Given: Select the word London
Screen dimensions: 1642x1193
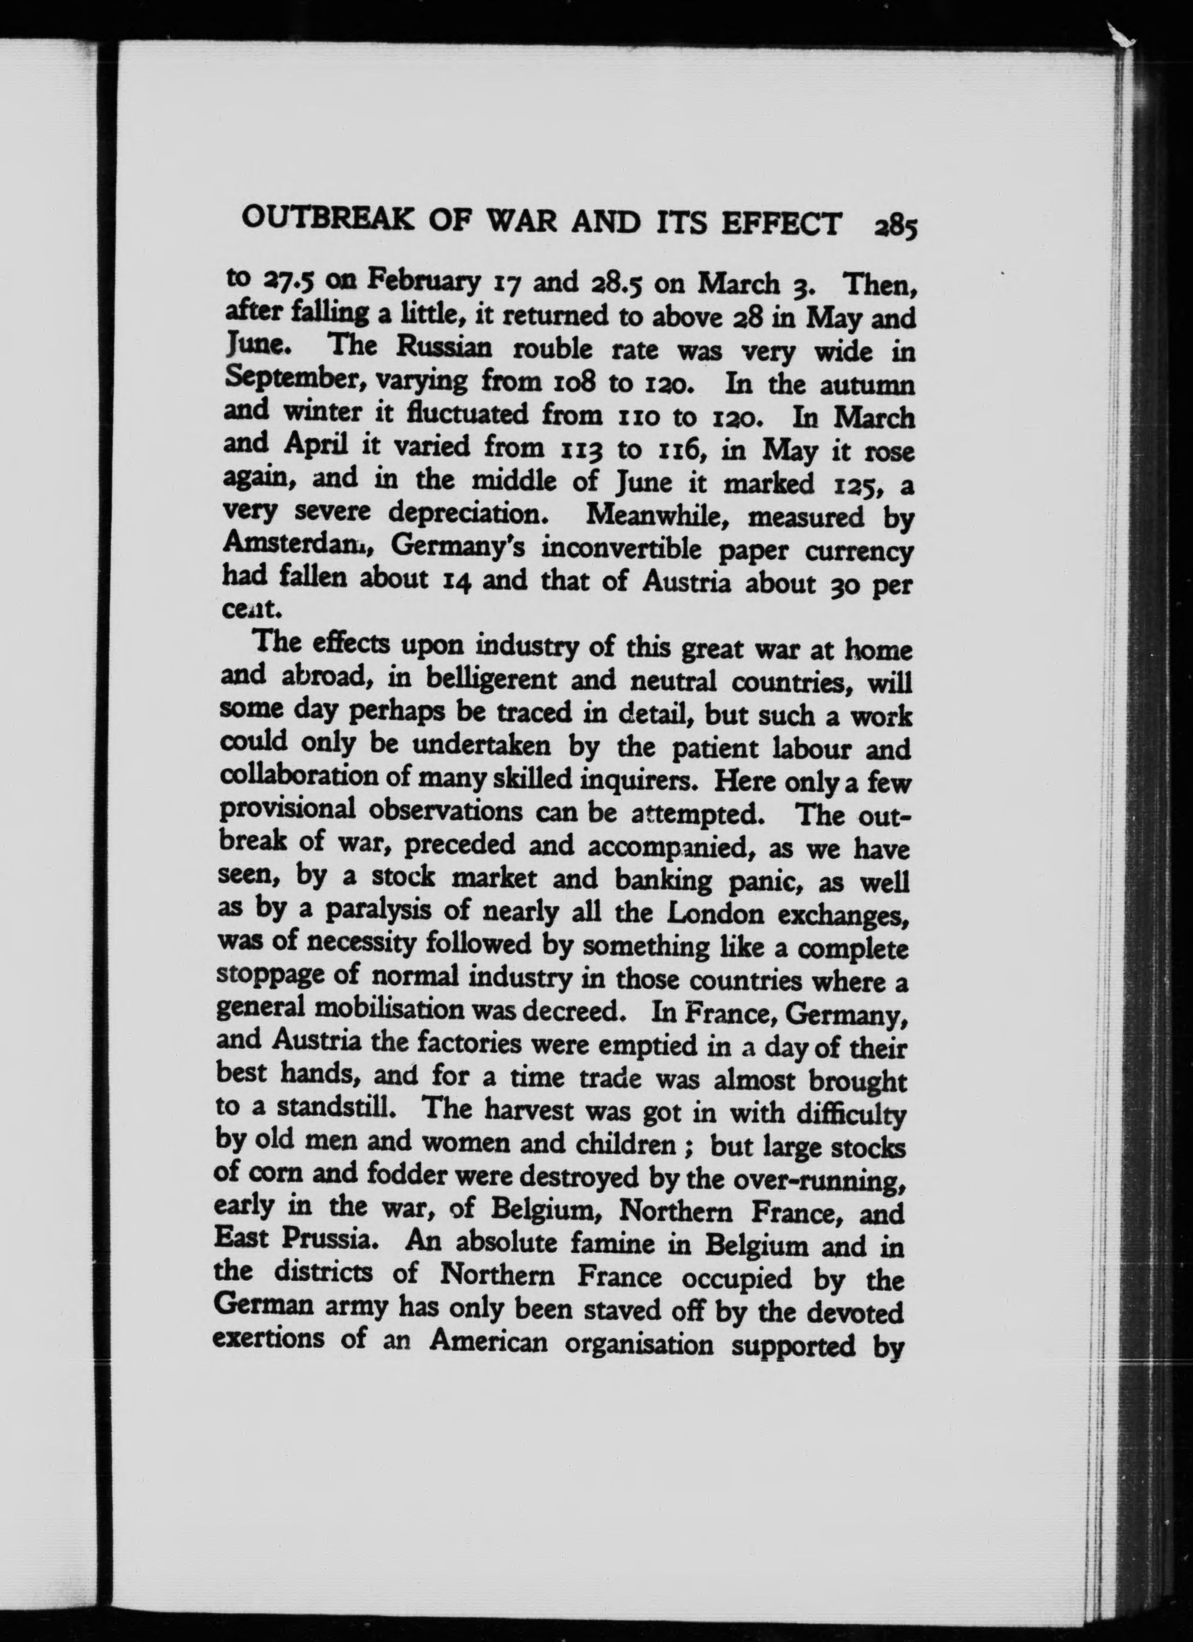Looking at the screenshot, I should (x=715, y=913).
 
